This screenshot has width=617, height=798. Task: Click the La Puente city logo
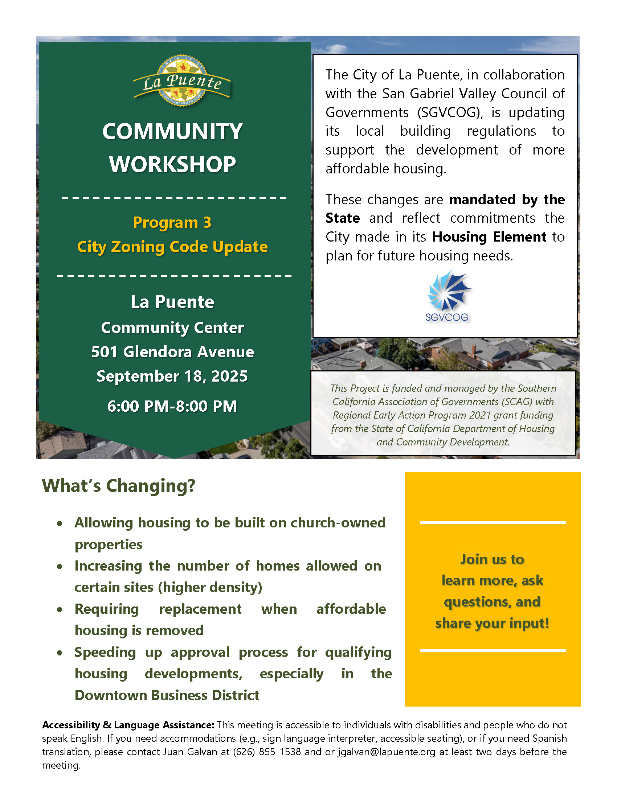pyautogui.click(x=182, y=81)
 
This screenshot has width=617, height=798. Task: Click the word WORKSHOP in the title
pyautogui.click(x=172, y=164)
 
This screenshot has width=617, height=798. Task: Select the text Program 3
pyautogui.click(x=172, y=222)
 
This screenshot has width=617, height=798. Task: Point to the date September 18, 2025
pyautogui.click(x=172, y=377)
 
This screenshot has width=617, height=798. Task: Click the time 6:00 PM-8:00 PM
pyautogui.click(x=172, y=406)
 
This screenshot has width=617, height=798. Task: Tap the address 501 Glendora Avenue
pyautogui.click(x=172, y=352)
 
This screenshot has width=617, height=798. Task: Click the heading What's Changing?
pyautogui.click(x=118, y=486)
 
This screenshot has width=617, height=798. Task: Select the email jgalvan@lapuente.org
pyautogui.click(x=387, y=752)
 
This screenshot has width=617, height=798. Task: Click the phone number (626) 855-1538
pyautogui.click(x=267, y=752)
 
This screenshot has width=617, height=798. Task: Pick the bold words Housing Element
pyautogui.click(x=489, y=237)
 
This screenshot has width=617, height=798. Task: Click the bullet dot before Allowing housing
pyautogui.click(x=60, y=523)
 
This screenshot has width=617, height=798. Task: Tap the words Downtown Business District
pyautogui.click(x=167, y=695)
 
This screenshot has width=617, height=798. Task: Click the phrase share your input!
pyautogui.click(x=492, y=623)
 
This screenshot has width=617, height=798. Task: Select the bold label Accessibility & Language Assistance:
pyautogui.click(x=128, y=725)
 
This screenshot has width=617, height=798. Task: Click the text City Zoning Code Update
pyautogui.click(x=172, y=247)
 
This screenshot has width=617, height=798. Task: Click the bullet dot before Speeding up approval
pyautogui.click(x=60, y=653)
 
